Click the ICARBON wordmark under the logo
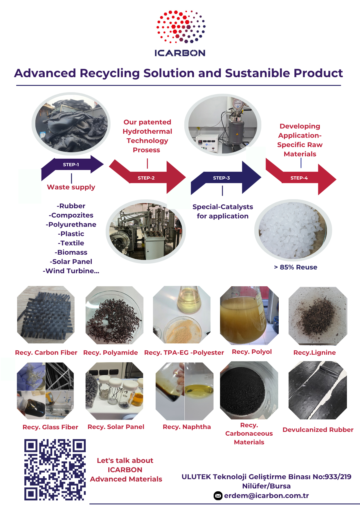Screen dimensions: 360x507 coord(180,53)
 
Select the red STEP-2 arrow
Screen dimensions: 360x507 coord(147,177)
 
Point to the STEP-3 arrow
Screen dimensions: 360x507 coord(226,178)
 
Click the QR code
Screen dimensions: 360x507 coord(55,470)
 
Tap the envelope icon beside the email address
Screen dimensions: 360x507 coord(218,496)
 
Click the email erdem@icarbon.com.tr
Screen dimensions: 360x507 coord(266,496)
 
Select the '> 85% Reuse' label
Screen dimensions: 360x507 coord(296,267)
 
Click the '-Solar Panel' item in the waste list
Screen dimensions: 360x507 coord(71,262)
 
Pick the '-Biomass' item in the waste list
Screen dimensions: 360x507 coord(71,252)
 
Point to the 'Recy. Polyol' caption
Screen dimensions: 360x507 coord(252,352)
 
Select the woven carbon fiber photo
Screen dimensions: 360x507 coord(46,315)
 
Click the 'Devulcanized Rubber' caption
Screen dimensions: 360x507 coord(318,430)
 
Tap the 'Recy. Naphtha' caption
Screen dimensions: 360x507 coord(187,427)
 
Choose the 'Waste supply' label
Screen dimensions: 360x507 coord(71,187)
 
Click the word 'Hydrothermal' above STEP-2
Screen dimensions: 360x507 coord(147,131)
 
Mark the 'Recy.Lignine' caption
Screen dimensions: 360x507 coord(314,353)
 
